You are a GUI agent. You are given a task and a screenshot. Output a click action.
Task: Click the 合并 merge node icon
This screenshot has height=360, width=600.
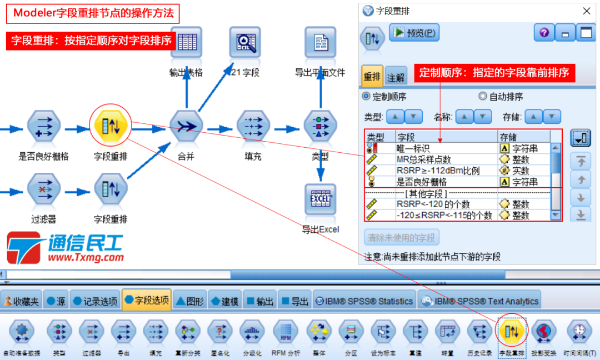[186, 126]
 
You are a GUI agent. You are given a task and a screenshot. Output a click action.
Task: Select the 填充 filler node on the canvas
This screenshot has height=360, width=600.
[253, 126]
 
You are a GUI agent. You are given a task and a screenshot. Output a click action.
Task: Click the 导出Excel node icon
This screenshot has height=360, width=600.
[321, 199]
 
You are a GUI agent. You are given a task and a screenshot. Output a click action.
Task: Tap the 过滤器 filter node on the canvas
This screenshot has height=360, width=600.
[43, 188]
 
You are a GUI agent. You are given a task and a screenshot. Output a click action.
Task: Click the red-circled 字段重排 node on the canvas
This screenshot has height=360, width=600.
[111, 126]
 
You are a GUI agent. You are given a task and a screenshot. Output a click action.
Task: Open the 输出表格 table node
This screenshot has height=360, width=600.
[186, 42]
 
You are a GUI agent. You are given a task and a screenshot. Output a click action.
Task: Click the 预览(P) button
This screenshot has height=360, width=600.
[414, 33]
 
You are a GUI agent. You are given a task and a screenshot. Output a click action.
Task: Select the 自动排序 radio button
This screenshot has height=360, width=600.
[482, 97]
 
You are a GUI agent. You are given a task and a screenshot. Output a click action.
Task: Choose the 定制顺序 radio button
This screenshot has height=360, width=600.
[366, 97]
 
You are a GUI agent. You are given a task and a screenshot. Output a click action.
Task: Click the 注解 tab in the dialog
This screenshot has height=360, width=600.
[396, 77]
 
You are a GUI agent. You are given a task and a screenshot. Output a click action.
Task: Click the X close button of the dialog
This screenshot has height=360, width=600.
[586, 11]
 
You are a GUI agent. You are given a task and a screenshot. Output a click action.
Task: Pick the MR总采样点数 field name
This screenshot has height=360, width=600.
[424, 159]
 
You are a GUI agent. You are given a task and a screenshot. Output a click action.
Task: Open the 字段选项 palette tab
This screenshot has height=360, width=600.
[147, 301]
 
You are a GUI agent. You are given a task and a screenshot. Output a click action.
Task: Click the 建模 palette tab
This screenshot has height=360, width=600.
[224, 301]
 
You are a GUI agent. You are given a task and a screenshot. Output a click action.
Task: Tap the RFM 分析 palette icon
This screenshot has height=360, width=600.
[286, 332]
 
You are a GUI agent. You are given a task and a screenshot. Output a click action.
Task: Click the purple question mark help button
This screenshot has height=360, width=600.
[544, 33]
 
